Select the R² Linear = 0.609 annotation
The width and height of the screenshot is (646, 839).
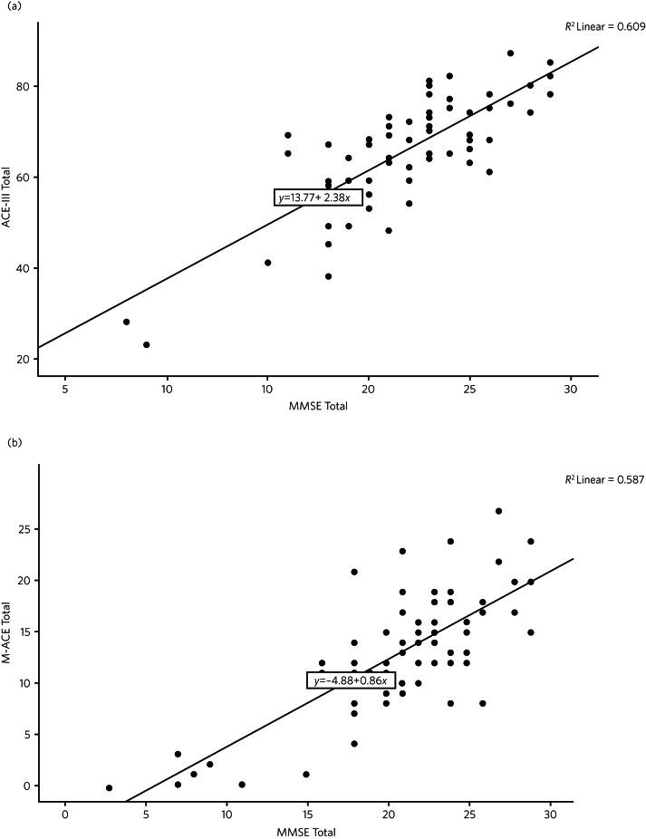pos(604,27)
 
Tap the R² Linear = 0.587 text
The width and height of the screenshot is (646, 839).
pos(604,479)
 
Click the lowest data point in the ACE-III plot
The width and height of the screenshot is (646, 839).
pos(146,344)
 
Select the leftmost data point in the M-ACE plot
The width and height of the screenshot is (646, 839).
pos(110,788)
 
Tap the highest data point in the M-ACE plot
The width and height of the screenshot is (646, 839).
pos(499,511)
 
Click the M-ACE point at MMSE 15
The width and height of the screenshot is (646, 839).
pos(306,775)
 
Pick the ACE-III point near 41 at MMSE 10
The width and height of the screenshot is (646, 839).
pos(267,263)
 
